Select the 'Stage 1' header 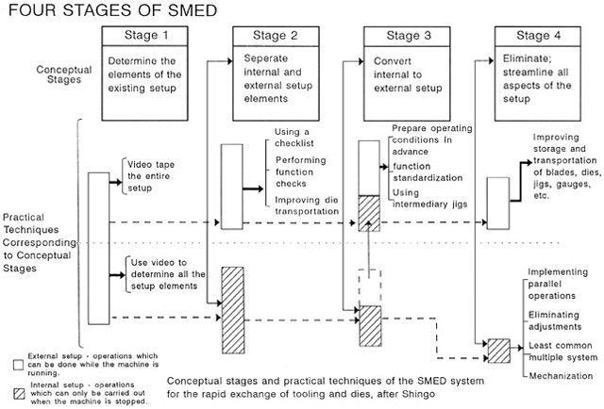(146, 36)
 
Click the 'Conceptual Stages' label (65, 75)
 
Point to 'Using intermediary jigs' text (425, 200)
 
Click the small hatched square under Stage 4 (497, 350)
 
